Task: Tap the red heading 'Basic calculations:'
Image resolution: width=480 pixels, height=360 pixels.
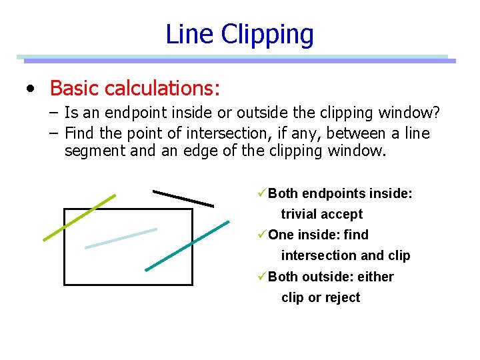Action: click(x=135, y=87)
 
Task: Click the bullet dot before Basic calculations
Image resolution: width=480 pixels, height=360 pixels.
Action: click(x=30, y=88)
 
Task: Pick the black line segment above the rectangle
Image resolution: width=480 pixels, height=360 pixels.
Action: click(x=183, y=198)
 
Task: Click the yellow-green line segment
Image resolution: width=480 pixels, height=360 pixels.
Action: click(x=79, y=217)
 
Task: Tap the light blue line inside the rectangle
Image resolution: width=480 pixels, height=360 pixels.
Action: click(x=121, y=238)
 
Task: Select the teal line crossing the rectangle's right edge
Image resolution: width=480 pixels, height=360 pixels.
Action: click(x=187, y=245)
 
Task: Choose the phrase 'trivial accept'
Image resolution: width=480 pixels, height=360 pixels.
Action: click(x=321, y=214)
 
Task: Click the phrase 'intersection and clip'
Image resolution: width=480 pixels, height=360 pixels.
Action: click(x=345, y=255)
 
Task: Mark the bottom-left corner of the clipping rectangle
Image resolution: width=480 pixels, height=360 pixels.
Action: click(x=64, y=285)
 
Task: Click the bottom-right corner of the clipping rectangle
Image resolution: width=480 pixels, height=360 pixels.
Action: click(x=192, y=285)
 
